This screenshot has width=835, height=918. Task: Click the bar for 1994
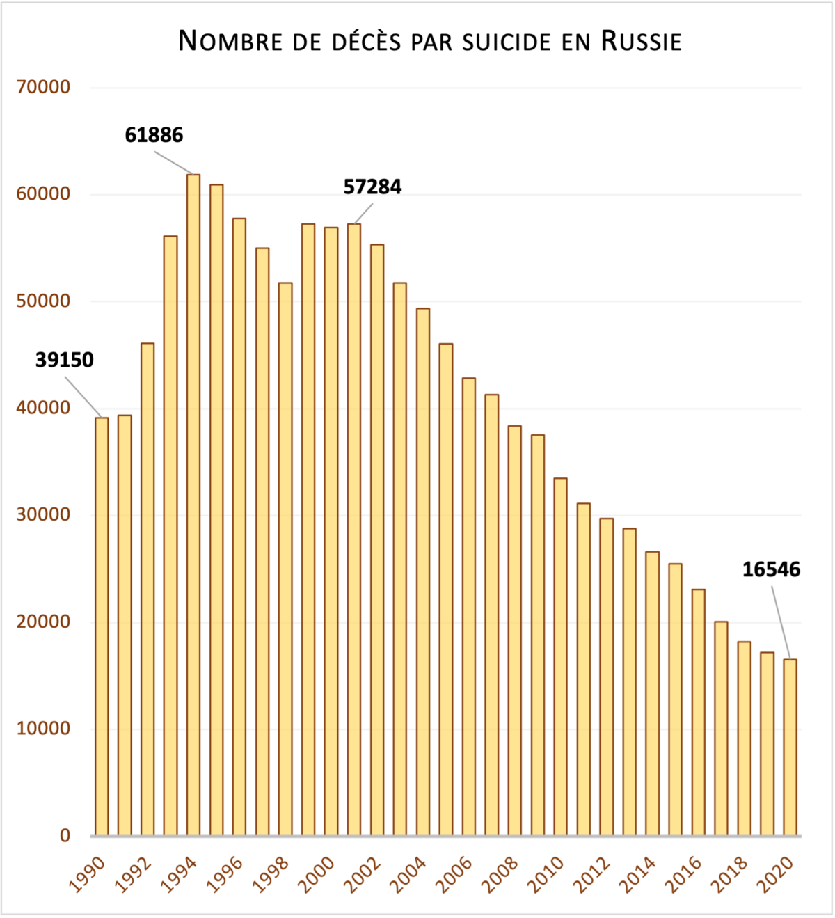pyautogui.click(x=193, y=505)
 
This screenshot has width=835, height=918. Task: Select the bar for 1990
pyautogui.click(x=102, y=626)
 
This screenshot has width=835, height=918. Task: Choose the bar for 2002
pyautogui.click(x=377, y=539)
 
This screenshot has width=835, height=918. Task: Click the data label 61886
pyautogui.click(x=154, y=135)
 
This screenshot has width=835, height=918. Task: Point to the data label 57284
pyautogui.click(x=372, y=187)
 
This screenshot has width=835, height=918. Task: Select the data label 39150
pyautogui.click(x=65, y=361)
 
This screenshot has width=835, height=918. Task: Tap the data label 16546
pyautogui.click(x=771, y=570)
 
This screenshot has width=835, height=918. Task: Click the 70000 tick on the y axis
pyautogui.click(x=43, y=88)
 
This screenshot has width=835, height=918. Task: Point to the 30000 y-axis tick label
pyautogui.click(x=43, y=515)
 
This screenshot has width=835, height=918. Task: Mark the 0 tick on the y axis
pyautogui.click(x=65, y=835)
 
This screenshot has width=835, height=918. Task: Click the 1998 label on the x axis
pyautogui.click(x=271, y=875)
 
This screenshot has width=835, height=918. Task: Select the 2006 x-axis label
pyautogui.click(x=454, y=875)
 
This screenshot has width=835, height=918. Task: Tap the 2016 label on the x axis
pyautogui.click(x=684, y=875)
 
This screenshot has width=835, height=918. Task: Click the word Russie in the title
pyautogui.click(x=641, y=41)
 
